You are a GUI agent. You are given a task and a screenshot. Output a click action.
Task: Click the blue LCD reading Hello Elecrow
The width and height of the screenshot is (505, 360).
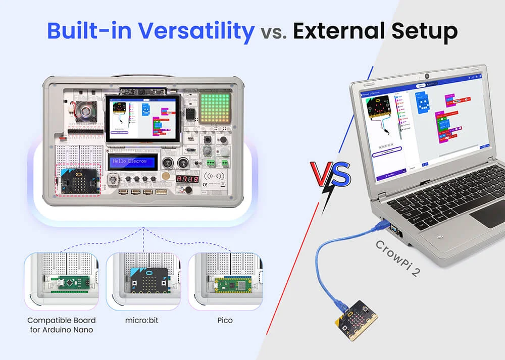(x=132, y=162)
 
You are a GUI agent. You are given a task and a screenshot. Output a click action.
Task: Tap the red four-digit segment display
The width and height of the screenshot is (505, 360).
(x=186, y=179)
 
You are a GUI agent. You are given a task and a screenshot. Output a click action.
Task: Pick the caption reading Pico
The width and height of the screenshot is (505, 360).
(x=225, y=321)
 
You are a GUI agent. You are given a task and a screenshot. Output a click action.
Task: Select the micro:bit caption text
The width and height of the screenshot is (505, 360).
(x=143, y=321)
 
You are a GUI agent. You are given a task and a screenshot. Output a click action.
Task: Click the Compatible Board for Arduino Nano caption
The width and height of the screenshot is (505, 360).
(x=61, y=325)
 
